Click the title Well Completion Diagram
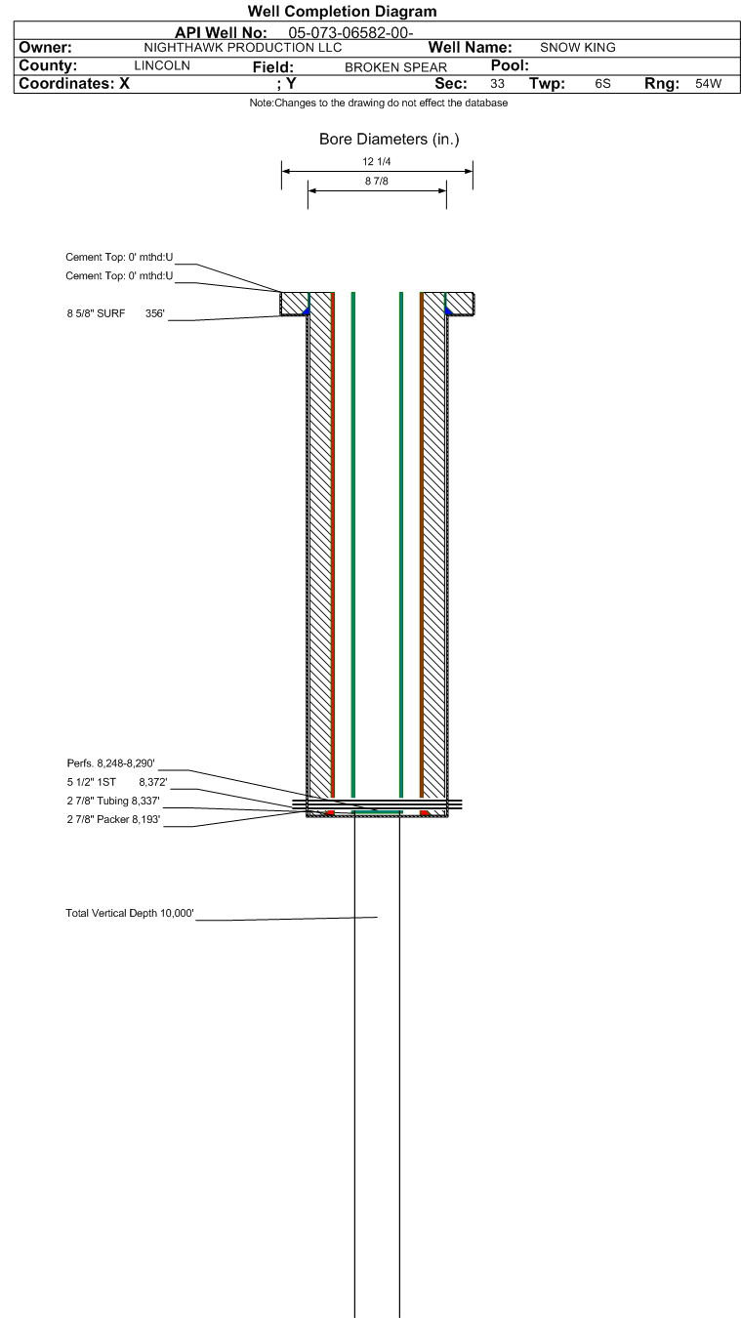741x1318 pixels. click(x=342, y=12)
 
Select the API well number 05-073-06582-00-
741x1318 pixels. click(x=351, y=33)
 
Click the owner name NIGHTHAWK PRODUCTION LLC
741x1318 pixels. click(x=243, y=48)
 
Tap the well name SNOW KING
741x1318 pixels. click(x=578, y=48)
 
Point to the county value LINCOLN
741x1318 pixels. click(x=161, y=66)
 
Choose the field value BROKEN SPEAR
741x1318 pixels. click(x=395, y=67)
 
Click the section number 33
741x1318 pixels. click(x=497, y=85)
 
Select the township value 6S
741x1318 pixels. click(x=602, y=85)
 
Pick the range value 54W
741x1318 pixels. click(x=708, y=85)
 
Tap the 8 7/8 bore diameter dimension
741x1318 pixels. click(x=377, y=182)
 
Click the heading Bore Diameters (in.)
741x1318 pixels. click(x=389, y=140)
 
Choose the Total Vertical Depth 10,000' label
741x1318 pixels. click(x=130, y=914)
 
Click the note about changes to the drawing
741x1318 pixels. click(x=379, y=103)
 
